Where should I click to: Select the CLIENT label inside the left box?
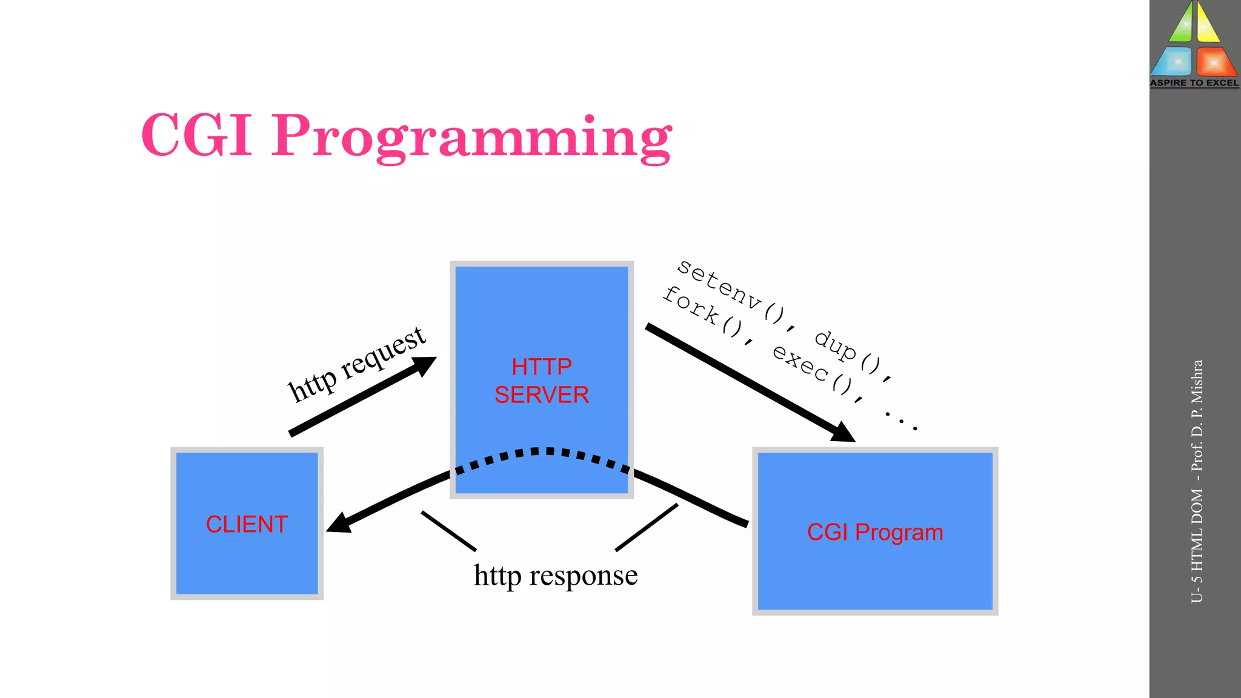pyautogui.click(x=247, y=524)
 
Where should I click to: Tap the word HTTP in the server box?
pyautogui.click(x=541, y=367)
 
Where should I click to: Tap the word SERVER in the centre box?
pyautogui.click(x=541, y=395)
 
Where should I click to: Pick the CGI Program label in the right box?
pyautogui.click(x=874, y=532)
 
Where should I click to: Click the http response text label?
pyautogui.click(x=555, y=575)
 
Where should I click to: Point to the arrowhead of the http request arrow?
pyautogui.click(x=424, y=365)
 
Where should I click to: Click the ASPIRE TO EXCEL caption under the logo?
pyautogui.click(x=1194, y=83)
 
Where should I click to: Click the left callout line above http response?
pyautogui.click(x=448, y=531)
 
